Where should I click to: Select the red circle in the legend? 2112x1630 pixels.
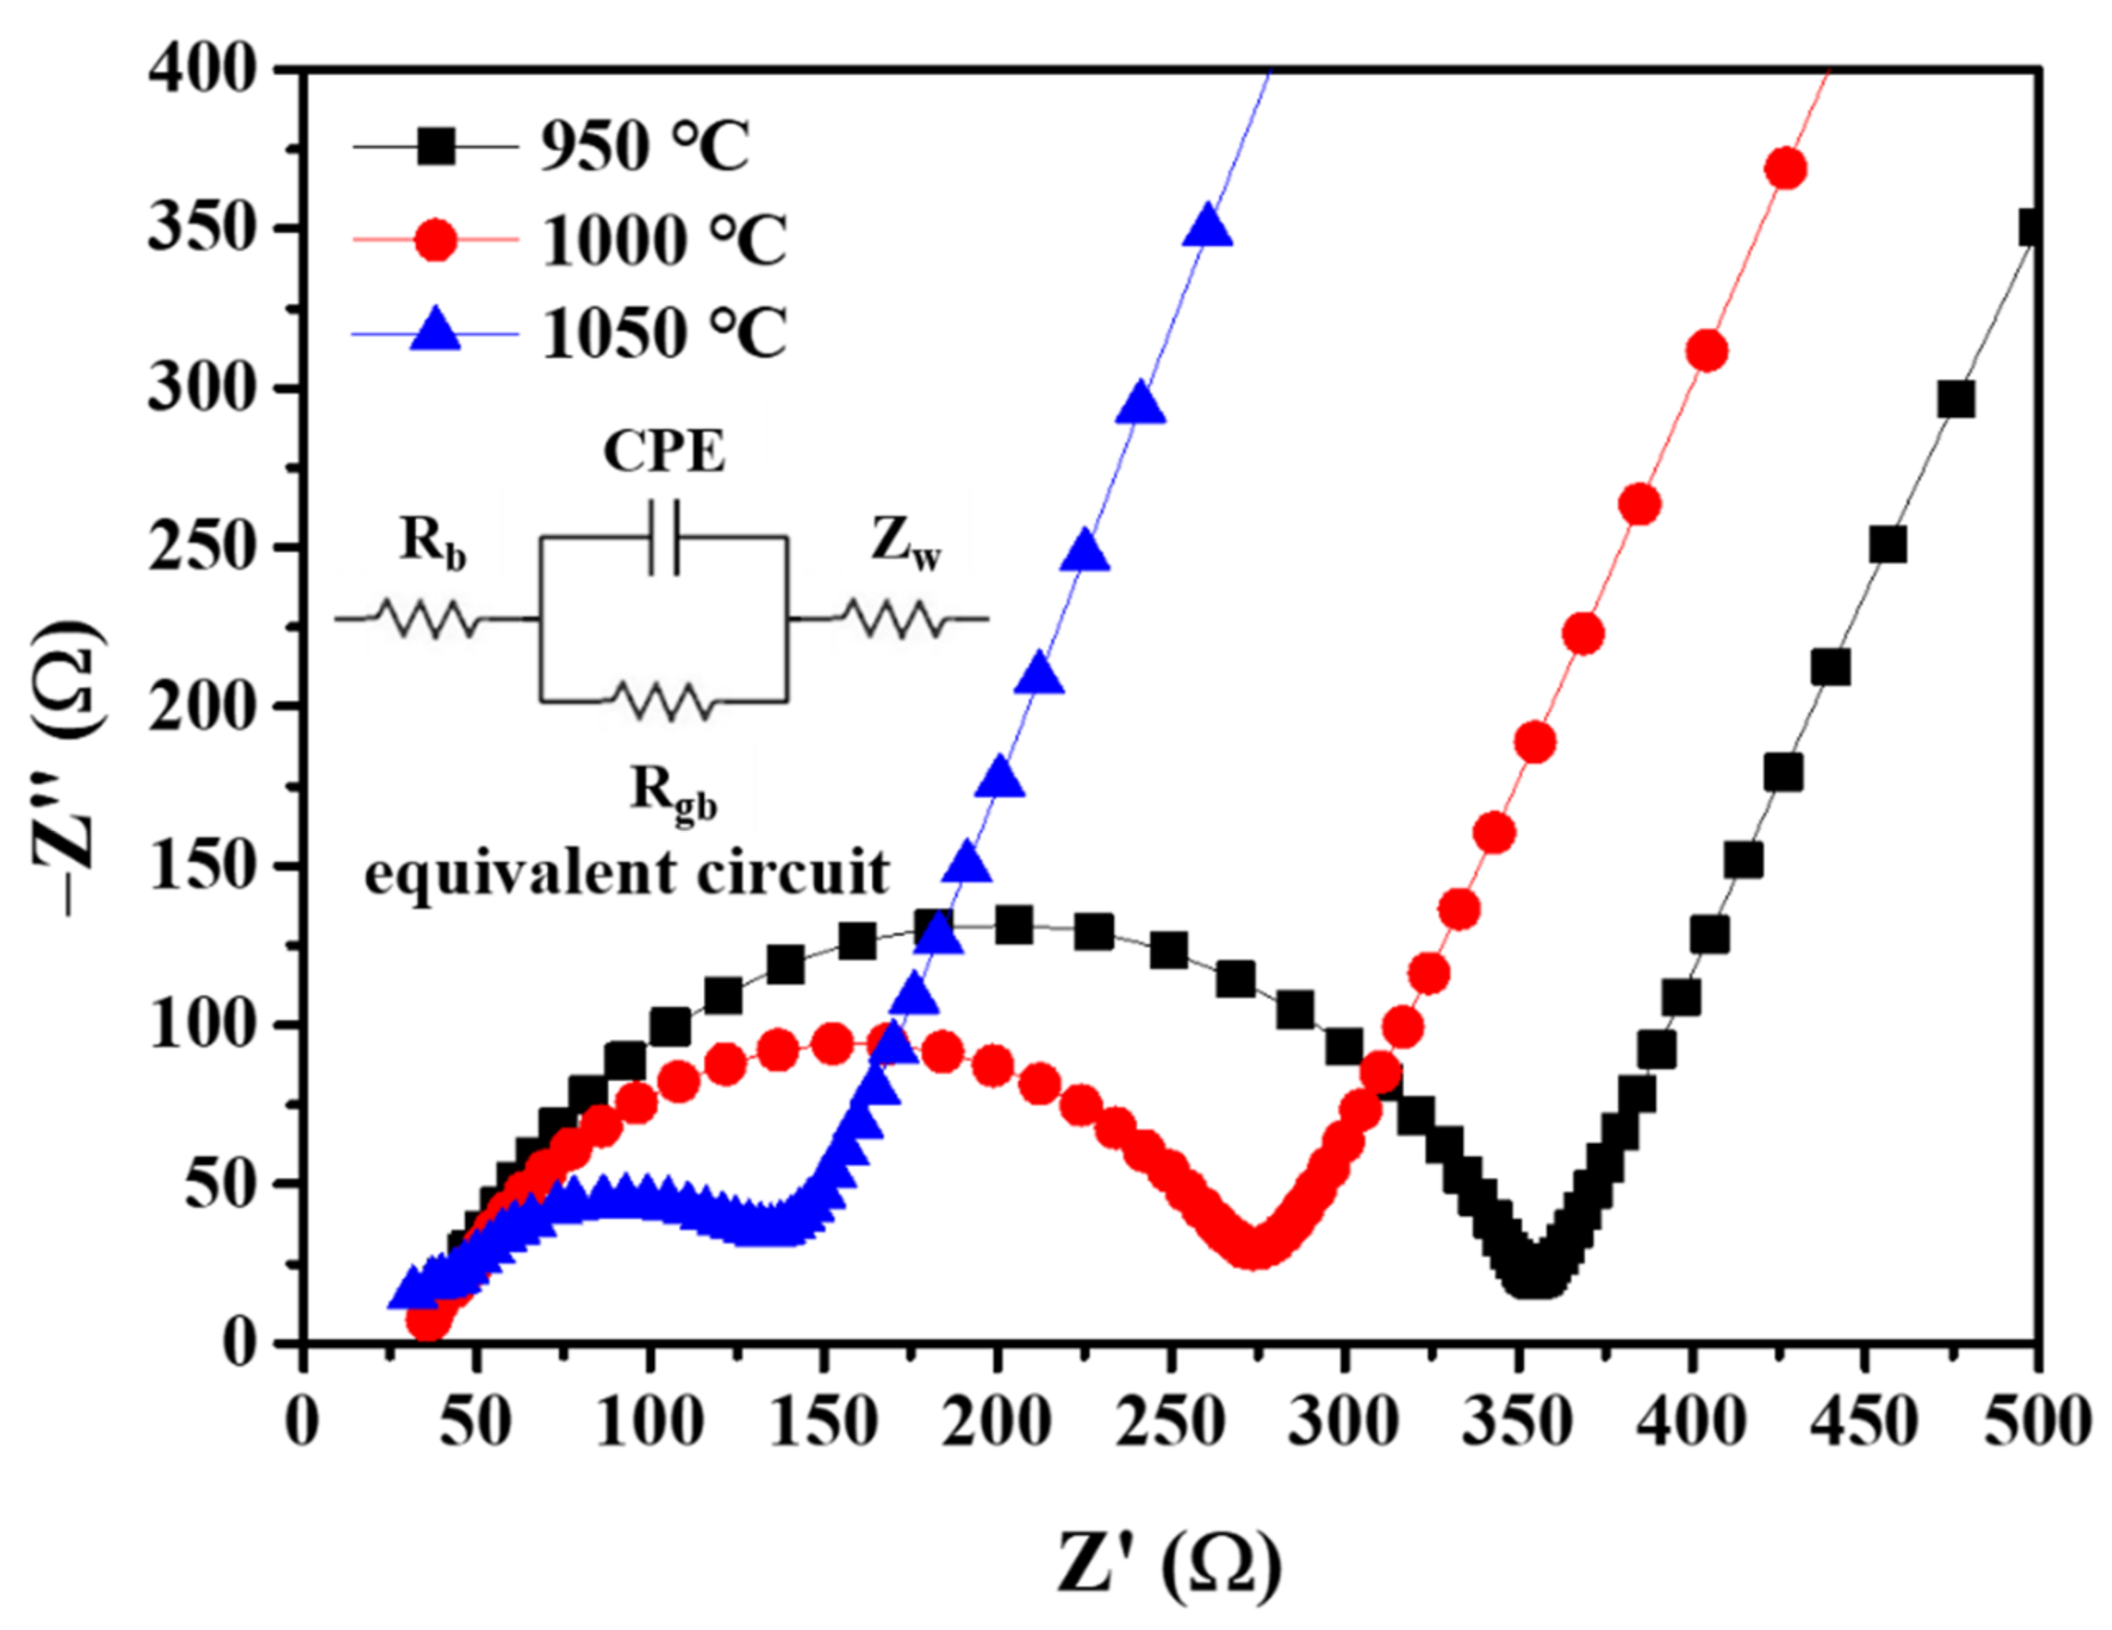click(436, 240)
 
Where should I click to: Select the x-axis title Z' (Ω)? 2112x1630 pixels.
click(1169, 1562)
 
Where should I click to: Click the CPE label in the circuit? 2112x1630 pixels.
click(664, 450)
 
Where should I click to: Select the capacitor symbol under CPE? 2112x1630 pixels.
click(664, 538)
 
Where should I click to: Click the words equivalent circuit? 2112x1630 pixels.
click(627, 873)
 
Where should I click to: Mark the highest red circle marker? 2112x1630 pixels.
click(1785, 170)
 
